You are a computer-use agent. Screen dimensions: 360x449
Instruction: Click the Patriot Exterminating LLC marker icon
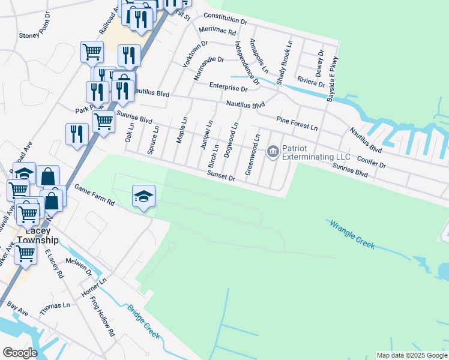click(x=273, y=151)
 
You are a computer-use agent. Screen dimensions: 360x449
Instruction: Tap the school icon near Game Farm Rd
click(x=143, y=196)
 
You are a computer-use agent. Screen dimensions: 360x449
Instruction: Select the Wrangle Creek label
click(x=351, y=234)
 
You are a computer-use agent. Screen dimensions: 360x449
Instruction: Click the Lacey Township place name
click(x=38, y=235)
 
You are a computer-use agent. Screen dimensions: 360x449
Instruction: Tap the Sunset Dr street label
click(x=220, y=178)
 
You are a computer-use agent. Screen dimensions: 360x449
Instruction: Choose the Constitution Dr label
click(x=225, y=18)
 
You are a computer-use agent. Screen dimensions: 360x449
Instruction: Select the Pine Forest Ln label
click(x=297, y=123)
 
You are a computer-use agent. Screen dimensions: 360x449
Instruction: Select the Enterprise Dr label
click(x=228, y=88)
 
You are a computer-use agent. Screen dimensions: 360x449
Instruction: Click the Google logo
click(x=20, y=353)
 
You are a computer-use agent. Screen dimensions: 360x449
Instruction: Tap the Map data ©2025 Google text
click(x=411, y=355)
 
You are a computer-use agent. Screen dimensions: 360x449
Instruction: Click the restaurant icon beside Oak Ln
click(x=76, y=133)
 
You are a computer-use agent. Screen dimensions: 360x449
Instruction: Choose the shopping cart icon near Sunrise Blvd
click(x=104, y=121)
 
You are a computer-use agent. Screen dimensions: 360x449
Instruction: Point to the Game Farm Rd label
click(x=94, y=195)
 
